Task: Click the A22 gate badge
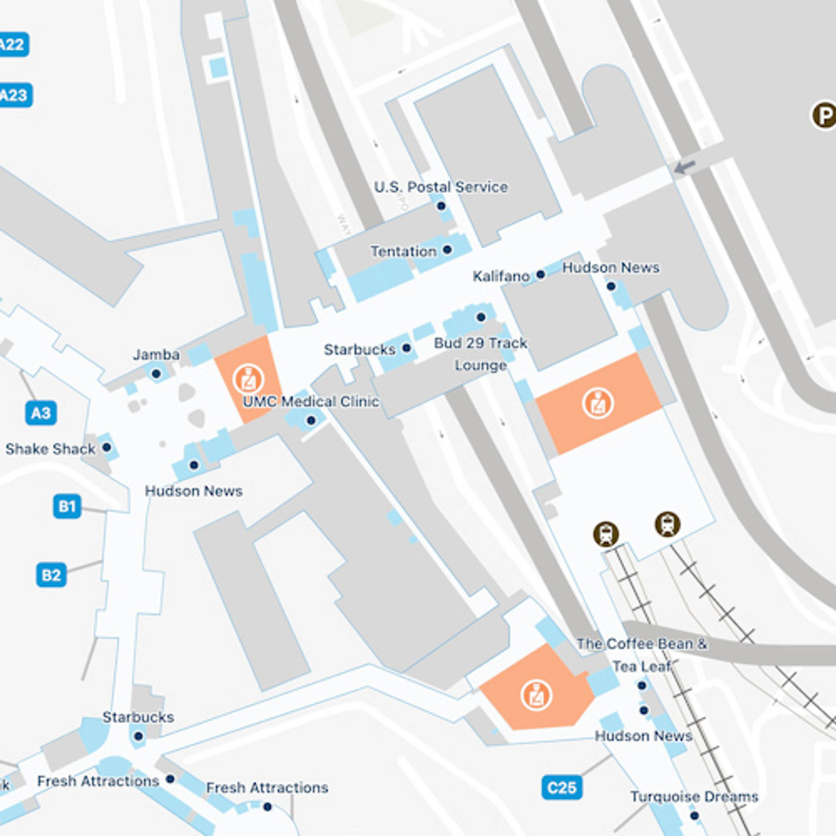point(13,44)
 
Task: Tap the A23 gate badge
point(15,95)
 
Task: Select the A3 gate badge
point(41,413)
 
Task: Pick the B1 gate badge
point(67,506)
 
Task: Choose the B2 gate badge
point(51,575)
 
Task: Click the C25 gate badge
point(562,788)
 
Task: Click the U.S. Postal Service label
point(441,187)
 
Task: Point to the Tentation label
point(403,251)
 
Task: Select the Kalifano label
point(501,276)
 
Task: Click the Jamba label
point(156,354)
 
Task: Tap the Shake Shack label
point(50,448)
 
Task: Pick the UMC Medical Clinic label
point(311,401)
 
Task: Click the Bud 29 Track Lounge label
point(481,354)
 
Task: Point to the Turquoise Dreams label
point(694,796)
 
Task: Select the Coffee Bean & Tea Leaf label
point(642,655)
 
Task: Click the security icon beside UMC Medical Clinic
point(248,380)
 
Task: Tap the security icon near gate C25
point(536,696)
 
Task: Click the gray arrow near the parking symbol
point(684,167)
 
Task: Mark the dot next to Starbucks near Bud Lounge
point(407,348)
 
